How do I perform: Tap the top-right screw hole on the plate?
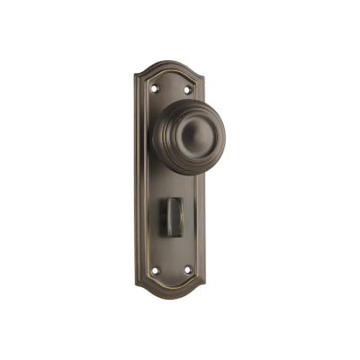[187, 89]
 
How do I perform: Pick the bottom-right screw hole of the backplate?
[187, 269]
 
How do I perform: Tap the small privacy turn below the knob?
[172, 217]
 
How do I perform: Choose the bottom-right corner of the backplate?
[204, 284]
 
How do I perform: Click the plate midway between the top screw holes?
[170, 88]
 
